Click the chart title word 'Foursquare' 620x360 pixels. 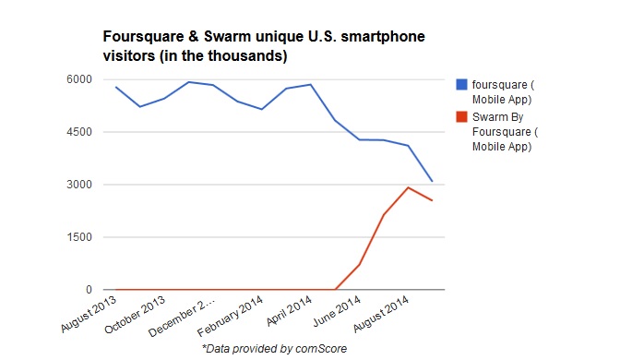[x=144, y=37]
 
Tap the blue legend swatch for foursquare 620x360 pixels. [x=461, y=84]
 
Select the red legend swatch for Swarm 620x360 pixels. [x=461, y=116]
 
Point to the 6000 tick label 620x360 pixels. [x=79, y=79]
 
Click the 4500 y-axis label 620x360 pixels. [x=79, y=132]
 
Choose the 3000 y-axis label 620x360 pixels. [x=79, y=185]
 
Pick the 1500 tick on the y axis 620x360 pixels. [x=79, y=237]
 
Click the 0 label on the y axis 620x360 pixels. [x=89, y=290]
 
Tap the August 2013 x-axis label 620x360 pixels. [x=89, y=313]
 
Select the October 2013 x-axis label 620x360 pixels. [x=135, y=315]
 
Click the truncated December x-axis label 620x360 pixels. [x=182, y=317]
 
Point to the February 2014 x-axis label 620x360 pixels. [x=230, y=316]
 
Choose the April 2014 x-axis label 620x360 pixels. [x=289, y=311]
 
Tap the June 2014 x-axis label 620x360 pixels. [x=337, y=311]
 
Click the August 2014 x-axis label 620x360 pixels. [x=381, y=314]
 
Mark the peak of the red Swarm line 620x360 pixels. [x=408, y=187]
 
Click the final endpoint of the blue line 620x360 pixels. [x=432, y=181]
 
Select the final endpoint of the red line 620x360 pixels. [x=432, y=200]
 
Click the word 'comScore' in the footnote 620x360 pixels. [x=321, y=349]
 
